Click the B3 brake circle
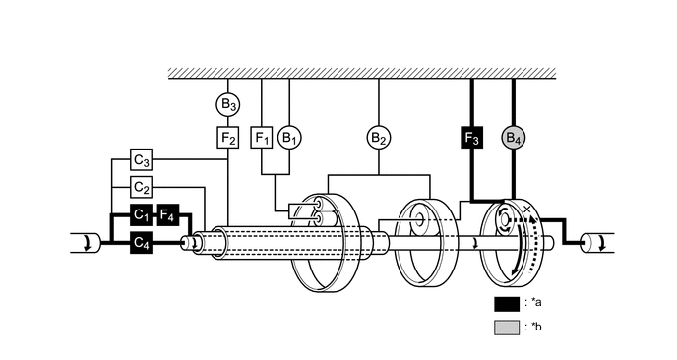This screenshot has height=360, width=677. [228, 102]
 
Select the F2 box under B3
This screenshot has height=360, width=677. [228, 137]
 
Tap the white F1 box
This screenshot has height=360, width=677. [262, 137]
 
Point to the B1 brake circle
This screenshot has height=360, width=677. [289, 137]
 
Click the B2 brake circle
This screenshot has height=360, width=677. [379, 137]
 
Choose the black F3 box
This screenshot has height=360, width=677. [472, 137]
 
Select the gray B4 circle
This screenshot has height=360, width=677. [514, 137]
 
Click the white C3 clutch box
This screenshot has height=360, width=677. [142, 159]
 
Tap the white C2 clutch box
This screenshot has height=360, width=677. [142, 187]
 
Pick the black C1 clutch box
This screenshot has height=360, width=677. [142, 213]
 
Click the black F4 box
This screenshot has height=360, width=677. [168, 213]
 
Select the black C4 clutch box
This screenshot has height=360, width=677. [142, 240]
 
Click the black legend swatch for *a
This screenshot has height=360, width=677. [507, 302]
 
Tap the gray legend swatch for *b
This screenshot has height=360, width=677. [507, 328]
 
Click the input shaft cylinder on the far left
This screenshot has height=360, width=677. [85, 242]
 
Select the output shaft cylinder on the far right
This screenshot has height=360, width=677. [595, 242]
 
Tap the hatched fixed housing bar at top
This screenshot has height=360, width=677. [363, 73]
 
